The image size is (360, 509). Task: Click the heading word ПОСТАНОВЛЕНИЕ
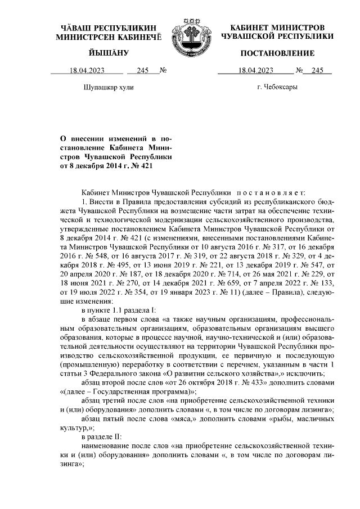277,53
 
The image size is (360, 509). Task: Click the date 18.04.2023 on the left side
87,71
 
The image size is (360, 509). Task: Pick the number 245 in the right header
318,71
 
